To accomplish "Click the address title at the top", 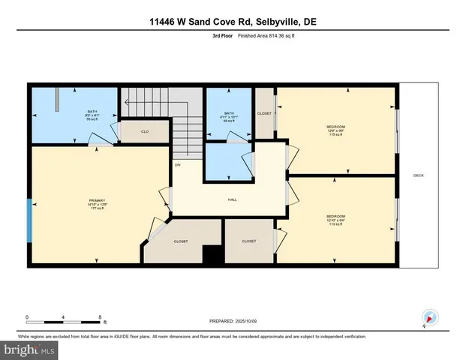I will tap(233, 22).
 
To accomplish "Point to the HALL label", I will tap(233, 199).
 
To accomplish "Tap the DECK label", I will tap(418, 176).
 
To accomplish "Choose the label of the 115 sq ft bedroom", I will tap(335, 130).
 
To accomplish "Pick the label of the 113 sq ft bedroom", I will tap(335, 220).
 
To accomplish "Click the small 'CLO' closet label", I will tap(145, 130).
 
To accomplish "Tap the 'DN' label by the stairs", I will tap(178, 164).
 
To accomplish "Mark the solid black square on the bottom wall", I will tap(214, 256).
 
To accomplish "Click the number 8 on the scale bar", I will tap(100, 316).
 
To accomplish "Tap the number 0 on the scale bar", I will tap(28, 316).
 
